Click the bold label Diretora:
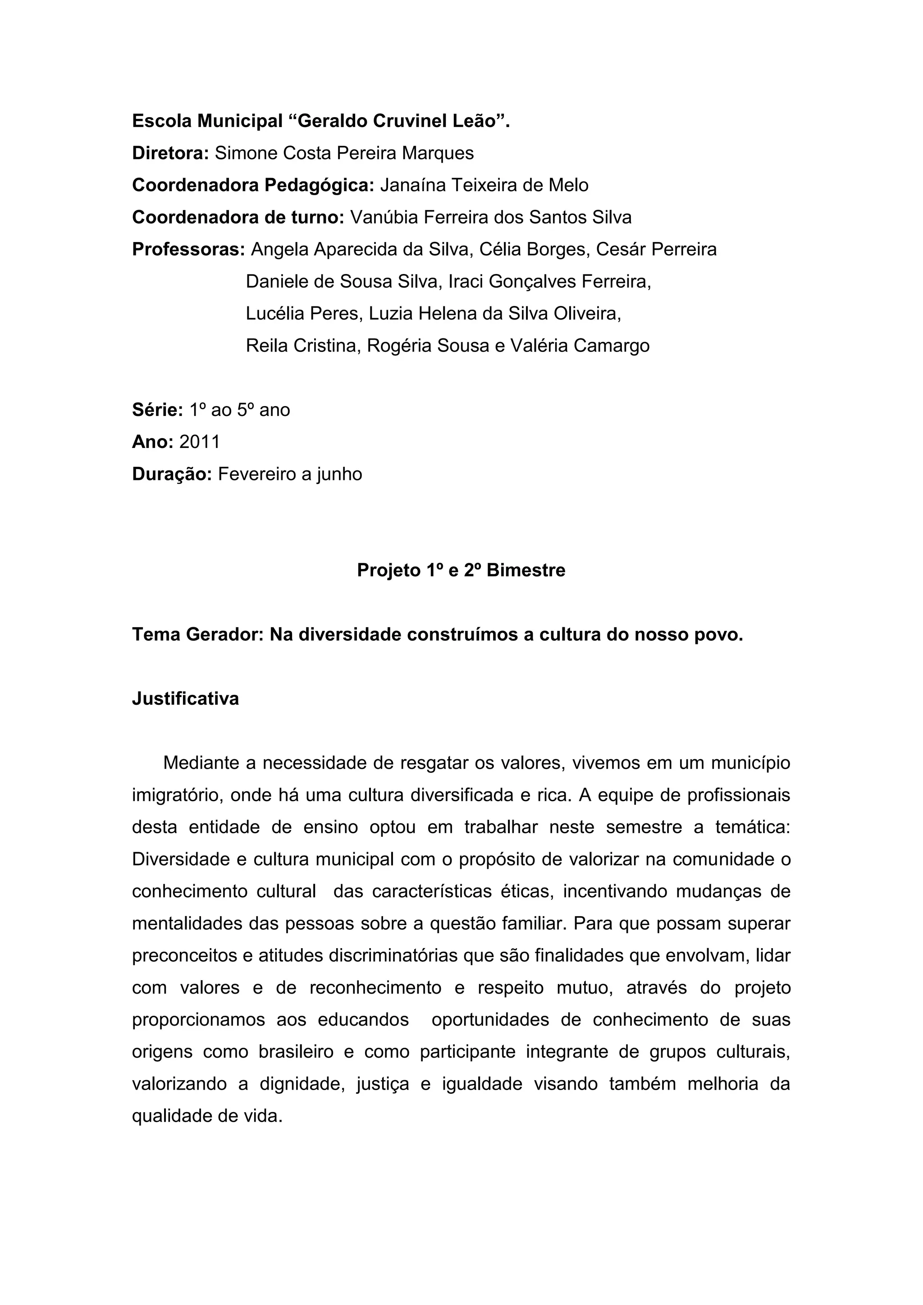pos(170,154)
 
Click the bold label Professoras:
pos(188,250)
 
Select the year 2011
pos(200,442)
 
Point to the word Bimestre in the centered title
pos(526,570)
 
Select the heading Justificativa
pos(185,698)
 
